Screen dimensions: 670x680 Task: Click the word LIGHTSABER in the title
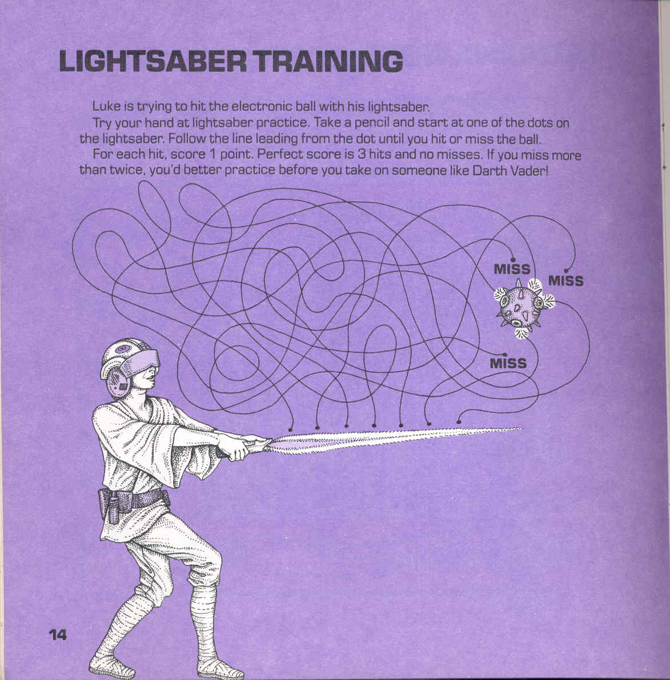[x=153, y=62]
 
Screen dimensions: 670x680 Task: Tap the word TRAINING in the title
[x=328, y=62]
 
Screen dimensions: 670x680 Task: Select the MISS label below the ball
[x=508, y=363]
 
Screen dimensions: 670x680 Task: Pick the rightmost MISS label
[x=566, y=280]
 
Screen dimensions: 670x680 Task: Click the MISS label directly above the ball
[x=512, y=269]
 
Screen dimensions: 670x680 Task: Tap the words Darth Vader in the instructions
[x=510, y=171]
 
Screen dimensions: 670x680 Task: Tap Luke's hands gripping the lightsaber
[x=243, y=446]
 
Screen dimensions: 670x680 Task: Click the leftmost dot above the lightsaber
[x=291, y=430]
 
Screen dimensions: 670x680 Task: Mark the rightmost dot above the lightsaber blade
[x=459, y=421]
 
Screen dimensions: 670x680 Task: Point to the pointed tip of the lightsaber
[x=522, y=429]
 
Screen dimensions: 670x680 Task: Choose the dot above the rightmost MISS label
[x=566, y=271]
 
